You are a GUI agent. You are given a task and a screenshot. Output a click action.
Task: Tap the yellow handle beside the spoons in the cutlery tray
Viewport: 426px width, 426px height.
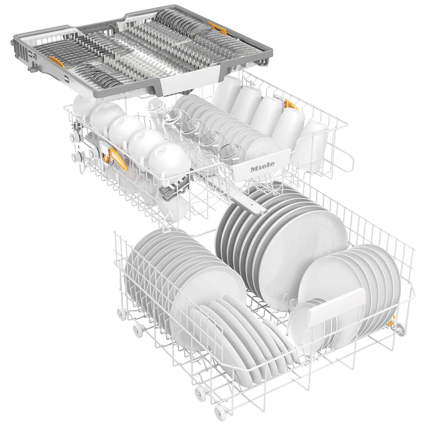click(218, 28)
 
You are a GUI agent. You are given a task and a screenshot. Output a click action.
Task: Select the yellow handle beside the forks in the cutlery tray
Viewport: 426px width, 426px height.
click(56, 62)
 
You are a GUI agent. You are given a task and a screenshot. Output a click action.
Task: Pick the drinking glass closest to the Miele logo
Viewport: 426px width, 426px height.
click(230, 153)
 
